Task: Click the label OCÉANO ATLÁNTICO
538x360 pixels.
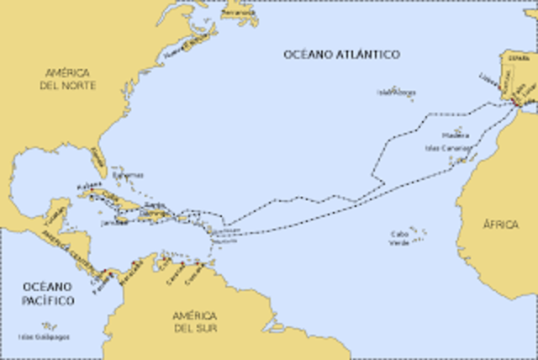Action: click(341, 55)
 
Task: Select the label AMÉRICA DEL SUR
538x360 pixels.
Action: click(195, 321)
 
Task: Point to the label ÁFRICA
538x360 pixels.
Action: click(501, 225)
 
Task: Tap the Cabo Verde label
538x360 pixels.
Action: click(401, 238)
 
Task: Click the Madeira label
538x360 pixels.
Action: click(456, 135)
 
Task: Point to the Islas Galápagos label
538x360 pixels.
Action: click(44, 336)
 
